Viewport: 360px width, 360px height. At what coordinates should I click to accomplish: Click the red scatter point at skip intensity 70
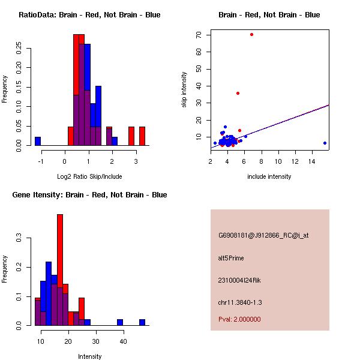pos(251,34)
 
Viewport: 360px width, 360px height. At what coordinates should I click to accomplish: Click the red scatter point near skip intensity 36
pos(238,93)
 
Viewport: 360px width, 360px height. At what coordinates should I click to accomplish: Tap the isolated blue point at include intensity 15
pos(325,143)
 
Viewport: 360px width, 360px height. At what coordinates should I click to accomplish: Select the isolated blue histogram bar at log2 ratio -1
pos(38,141)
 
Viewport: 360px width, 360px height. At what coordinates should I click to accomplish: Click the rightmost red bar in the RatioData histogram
pos(142,136)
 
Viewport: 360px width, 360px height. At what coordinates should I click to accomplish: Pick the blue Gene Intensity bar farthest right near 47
pos(142,322)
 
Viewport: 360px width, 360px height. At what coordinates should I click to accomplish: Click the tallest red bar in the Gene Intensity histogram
pos(60,270)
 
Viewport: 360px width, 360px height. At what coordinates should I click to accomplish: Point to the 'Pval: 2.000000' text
pos(239,319)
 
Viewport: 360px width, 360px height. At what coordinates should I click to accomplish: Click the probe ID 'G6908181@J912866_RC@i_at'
pos(263,236)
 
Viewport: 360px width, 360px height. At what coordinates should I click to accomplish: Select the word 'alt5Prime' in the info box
pos(231,258)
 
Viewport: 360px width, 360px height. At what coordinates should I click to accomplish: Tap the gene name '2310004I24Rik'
pos(239,280)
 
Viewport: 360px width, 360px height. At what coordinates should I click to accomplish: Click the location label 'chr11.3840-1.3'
pos(240,302)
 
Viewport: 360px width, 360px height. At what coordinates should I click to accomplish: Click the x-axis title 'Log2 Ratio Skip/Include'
pos(89,176)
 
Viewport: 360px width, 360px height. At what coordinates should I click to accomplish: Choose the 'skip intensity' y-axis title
pos(185,90)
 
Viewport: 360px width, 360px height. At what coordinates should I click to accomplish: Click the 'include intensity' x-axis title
pos(269,176)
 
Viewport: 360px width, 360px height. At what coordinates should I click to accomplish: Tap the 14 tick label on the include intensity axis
pos(312,161)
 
